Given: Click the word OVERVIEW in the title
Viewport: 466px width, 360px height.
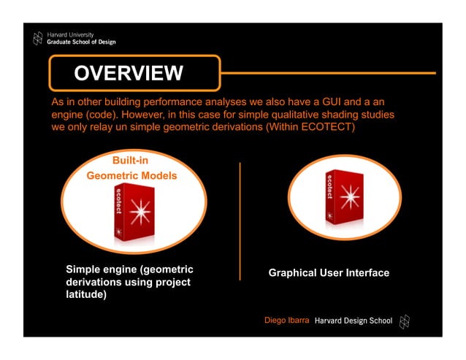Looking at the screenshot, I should click(128, 73).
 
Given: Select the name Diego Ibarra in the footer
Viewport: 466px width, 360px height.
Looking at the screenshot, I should click(287, 321).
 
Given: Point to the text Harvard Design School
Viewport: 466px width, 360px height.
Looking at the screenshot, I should click(353, 321).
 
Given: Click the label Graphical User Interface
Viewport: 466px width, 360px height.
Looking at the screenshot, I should click(329, 273).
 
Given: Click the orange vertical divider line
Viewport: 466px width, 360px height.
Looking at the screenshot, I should click(240, 221).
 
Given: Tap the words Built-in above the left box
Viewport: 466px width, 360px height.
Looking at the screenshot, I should click(131, 161).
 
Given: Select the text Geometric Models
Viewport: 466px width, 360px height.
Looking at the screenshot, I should click(131, 176).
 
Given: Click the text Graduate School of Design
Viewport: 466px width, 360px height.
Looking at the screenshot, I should click(81, 42).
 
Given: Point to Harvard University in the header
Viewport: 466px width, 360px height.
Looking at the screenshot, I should click(70, 34).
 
